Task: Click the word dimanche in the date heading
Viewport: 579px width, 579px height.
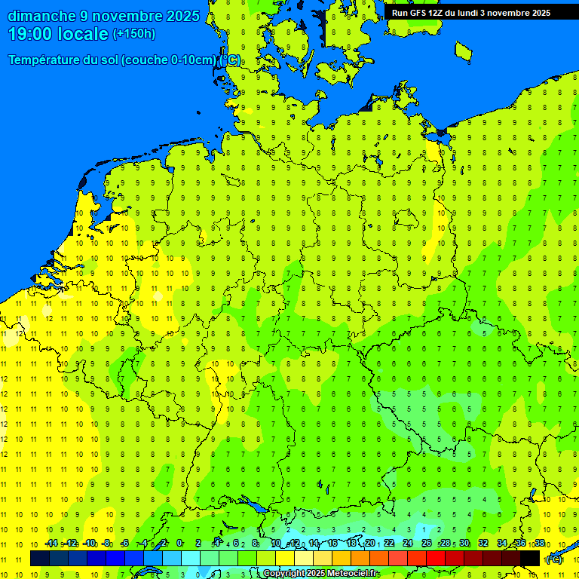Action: coord(41,16)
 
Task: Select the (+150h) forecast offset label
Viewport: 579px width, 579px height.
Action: coord(133,34)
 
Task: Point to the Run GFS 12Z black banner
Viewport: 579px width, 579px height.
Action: coord(470,13)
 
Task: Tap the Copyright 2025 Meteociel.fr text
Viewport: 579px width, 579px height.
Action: coord(321,574)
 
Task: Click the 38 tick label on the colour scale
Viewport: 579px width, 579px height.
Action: coord(539,544)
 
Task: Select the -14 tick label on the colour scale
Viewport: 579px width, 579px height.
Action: coord(51,544)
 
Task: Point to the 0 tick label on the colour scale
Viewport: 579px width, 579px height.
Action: coord(179,544)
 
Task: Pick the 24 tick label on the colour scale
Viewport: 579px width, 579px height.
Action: coord(408,544)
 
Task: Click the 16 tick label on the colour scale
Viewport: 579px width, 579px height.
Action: coord(332,544)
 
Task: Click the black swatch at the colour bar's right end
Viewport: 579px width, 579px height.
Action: coord(531,559)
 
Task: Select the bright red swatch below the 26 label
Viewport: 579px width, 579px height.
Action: coord(436,559)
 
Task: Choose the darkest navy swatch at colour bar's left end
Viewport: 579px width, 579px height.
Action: coord(40,559)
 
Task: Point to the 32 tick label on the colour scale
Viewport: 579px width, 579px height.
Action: coord(483,544)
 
